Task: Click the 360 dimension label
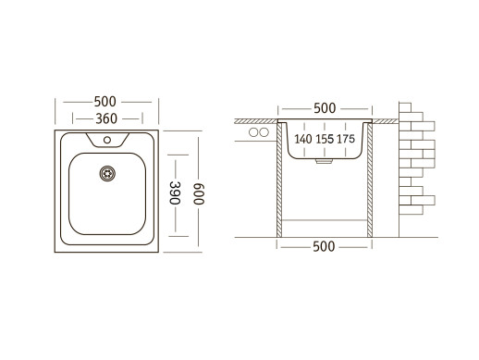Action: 106,118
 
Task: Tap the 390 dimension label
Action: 175,192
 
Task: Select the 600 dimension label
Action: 199,193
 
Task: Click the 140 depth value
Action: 303,139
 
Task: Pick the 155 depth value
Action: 325,139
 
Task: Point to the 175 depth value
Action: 346,139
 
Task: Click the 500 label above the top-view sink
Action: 105,102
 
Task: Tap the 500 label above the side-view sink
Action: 325,108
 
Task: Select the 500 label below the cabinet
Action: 324,246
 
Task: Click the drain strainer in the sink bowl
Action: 107,173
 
